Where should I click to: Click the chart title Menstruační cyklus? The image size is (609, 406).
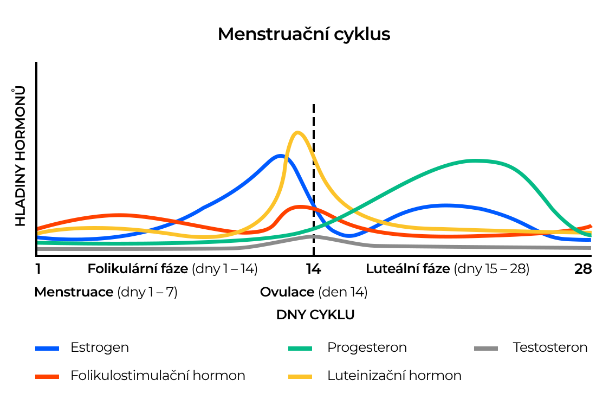(304, 34)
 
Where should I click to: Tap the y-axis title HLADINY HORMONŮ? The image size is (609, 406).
(20, 156)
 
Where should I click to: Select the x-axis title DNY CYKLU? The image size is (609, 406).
(315, 315)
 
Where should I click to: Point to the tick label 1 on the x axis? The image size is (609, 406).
(38, 269)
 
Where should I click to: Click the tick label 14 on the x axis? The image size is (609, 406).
(314, 269)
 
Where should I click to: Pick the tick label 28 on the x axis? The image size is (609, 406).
(583, 269)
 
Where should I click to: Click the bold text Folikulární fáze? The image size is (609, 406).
(138, 269)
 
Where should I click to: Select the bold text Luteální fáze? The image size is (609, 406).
(408, 269)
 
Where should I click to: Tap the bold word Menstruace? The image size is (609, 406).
(74, 292)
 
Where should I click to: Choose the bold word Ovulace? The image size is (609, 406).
(287, 292)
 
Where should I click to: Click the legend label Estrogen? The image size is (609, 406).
(100, 347)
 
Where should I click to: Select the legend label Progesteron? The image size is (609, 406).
(367, 347)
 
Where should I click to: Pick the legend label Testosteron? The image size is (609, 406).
(550, 347)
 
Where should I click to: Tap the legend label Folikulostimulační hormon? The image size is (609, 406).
(158, 376)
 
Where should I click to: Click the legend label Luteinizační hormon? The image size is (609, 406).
(394, 376)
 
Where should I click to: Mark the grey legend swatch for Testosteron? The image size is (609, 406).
(486, 348)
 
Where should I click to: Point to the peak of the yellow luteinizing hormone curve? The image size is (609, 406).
(296, 132)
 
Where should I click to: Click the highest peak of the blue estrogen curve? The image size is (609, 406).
(280, 156)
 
